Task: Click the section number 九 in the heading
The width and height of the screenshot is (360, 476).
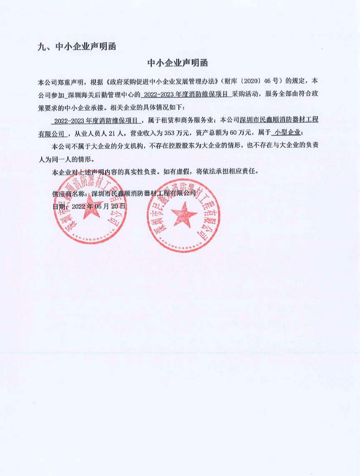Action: (41, 47)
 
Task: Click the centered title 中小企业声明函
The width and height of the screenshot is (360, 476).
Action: (178, 63)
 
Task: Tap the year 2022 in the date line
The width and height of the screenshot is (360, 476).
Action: (79, 206)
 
